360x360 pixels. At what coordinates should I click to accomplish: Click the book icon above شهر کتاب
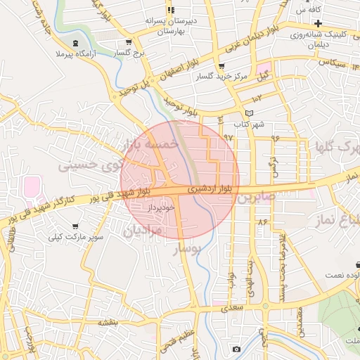click(248, 113)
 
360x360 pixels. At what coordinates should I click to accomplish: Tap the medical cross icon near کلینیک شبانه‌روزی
click(318, 33)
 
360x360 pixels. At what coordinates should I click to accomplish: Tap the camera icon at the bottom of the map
click(236, 349)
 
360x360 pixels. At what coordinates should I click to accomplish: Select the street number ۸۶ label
click(263, 221)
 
